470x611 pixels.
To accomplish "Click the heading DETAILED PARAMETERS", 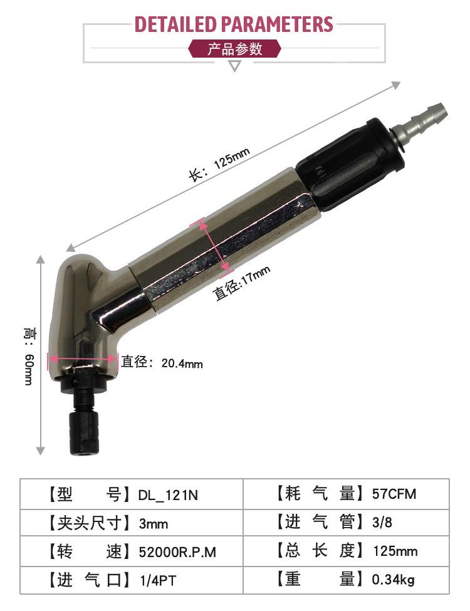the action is point(234,24).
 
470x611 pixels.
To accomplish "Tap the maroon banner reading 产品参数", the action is point(234,49).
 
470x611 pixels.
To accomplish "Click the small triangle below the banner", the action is point(234,66).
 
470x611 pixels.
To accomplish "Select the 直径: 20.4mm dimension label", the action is point(162,362).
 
